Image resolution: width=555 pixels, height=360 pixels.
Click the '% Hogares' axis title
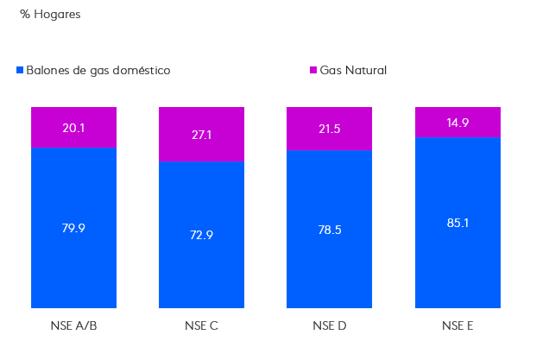tap(50, 15)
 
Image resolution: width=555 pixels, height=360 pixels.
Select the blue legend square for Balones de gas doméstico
tap(20, 70)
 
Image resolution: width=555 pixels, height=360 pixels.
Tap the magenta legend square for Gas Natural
tap(313, 70)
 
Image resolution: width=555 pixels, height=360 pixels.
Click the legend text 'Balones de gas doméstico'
tap(98, 70)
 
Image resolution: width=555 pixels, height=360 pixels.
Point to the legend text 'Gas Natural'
tap(353, 70)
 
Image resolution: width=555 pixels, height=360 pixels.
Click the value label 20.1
tap(73, 128)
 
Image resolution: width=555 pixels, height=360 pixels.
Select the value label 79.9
tap(73, 228)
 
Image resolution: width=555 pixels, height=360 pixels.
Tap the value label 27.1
tap(201, 135)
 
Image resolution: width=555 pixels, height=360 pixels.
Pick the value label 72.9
tap(201, 235)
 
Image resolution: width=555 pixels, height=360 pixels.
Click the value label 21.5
tap(329, 128)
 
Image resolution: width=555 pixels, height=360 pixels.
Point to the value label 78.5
tap(329, 229)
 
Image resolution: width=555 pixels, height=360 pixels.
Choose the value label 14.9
tap(457, 122)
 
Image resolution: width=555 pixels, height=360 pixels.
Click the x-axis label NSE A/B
tap(73, 325)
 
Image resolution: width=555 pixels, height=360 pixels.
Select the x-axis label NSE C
tap(201, 325)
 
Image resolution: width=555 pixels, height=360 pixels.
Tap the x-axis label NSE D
tap(329, 325)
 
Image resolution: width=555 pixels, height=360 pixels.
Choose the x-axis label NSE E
tap(457, 325)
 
